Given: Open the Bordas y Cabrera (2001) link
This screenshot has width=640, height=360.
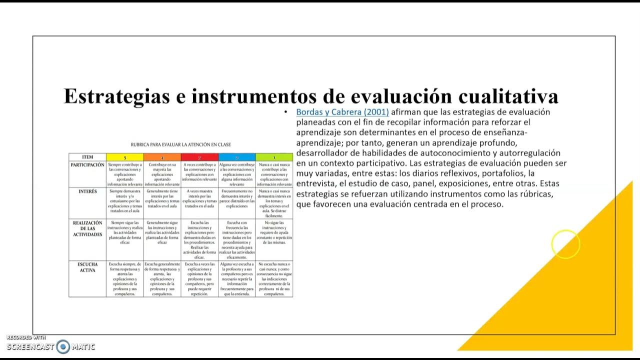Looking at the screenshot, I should (x=342, y=112).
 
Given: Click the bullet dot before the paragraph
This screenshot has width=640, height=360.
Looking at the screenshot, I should (x=285, y=112).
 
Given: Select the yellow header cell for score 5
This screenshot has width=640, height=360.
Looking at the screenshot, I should (x=125, y=157).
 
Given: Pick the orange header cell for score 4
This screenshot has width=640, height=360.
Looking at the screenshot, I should (x=162, y=157).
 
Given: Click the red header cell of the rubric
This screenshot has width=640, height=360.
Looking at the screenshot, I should (x=199, y=157).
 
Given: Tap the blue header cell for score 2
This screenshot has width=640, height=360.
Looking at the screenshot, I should (x=236, y=157).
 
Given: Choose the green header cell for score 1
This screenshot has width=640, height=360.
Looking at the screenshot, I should (x=274, y=157).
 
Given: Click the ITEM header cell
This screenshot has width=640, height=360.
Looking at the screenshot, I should (x=87, y=157).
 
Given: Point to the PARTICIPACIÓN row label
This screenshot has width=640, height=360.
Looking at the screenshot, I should (x=87, y=165).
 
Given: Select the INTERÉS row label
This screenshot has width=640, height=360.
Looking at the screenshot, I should (x=87, y=191).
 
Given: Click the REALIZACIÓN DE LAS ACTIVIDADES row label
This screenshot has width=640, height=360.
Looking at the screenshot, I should (x=87, y=228).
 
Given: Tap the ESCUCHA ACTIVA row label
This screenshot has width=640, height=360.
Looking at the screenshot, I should (x=87, y=267).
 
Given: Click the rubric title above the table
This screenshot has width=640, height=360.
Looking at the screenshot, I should (x=180, y=144).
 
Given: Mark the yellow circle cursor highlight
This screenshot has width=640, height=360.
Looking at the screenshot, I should (x=565, y=244).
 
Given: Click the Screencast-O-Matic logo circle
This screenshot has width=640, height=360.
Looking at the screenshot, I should (x=63, y=346).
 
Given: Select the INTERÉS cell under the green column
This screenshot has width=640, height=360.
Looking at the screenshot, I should (x=274, y=202).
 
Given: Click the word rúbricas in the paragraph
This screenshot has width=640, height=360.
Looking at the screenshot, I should (x=535, y=194).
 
